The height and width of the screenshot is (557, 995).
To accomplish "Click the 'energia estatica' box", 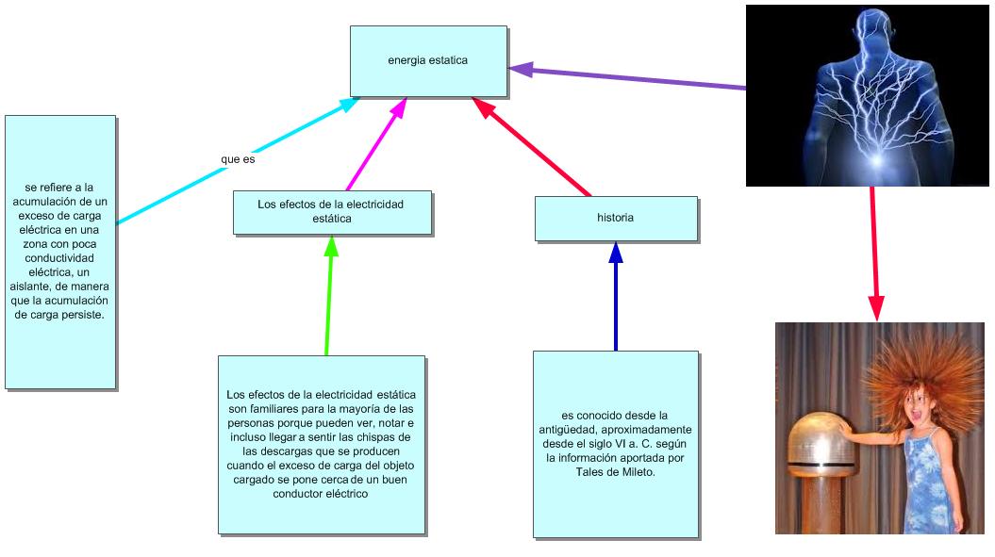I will pyautogui.click(x=428, y=61).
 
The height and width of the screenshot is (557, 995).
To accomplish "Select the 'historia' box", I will pyautogui.click(x=615, y=218).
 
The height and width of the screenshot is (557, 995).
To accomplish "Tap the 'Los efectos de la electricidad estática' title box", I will pyautogui.click(x=331, y=211).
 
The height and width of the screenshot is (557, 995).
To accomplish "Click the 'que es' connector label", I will pyautogui.click(x=238, y=159).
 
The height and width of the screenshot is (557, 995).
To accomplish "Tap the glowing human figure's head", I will pyautogui.click(x=866, y=28).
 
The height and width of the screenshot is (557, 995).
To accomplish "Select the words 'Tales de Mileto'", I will pyautogui.click(x=615, y=471).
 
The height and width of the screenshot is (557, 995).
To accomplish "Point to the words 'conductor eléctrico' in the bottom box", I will pyautogui.click(x=321, y=493).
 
